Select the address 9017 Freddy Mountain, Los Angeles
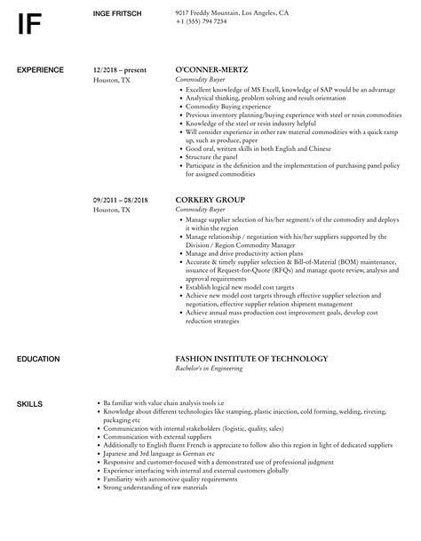point(232,12)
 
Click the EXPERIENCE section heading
point(40,69)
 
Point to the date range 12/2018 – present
point(120,69)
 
